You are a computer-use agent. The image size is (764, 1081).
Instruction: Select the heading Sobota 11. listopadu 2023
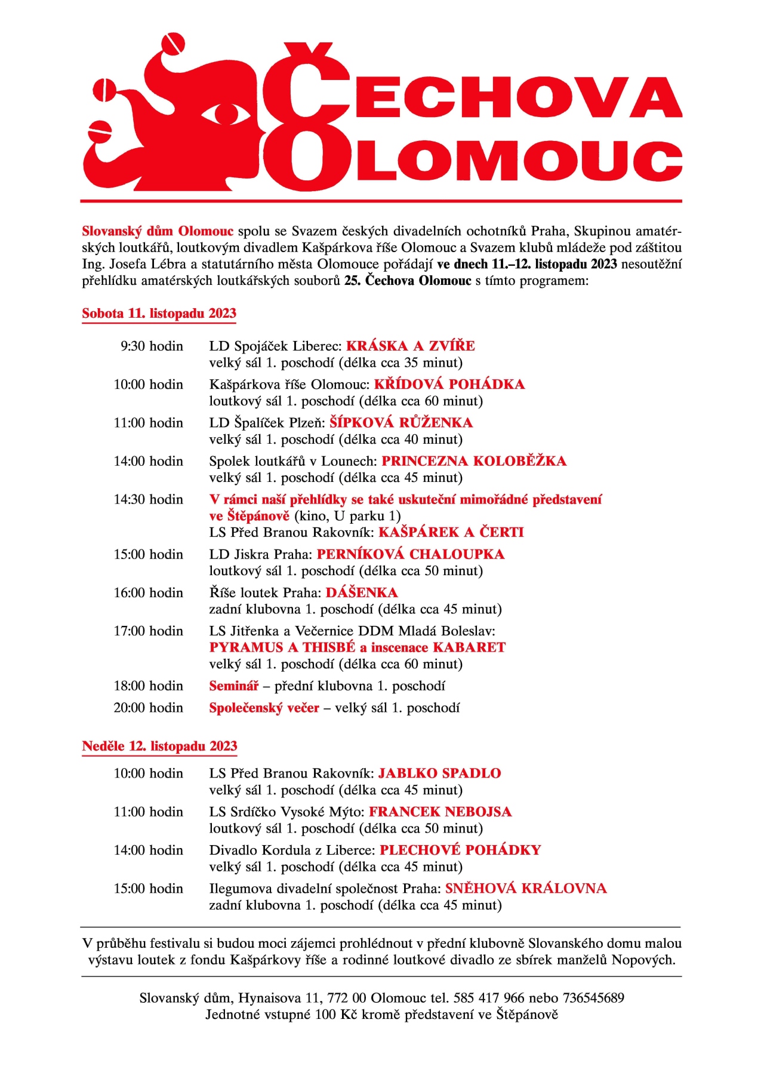tap(159, 314)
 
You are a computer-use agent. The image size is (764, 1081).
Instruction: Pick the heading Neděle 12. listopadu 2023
tap(159, 746)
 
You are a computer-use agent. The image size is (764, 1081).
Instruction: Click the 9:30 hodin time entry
tap(152, 346)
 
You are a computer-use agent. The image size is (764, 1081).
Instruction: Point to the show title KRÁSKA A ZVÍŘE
tap(411, 346)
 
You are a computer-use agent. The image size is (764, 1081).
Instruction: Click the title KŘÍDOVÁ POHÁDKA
tap(449, 385)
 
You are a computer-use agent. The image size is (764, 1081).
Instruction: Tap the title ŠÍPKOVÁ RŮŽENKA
tap(401, 423)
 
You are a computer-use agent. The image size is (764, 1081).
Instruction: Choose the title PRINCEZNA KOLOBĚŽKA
tap(474, 461)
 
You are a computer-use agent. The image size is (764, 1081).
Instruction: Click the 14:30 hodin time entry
tap(148, 499)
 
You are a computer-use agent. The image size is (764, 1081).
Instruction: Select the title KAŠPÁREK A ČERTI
tap(451, 532)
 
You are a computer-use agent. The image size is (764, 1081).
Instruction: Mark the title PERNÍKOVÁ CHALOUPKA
tap(411, 554)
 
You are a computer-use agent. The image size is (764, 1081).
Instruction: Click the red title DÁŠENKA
tap(362, 592)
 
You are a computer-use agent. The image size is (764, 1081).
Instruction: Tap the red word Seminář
tap(233, 686)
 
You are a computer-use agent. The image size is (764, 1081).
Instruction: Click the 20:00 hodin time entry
tap(148, 708)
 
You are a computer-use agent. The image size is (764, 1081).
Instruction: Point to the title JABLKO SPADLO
tap(439, 773)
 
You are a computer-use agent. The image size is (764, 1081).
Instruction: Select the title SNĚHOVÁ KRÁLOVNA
tap(526, 888)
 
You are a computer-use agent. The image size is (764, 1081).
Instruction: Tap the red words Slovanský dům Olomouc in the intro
tap(158, 231)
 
